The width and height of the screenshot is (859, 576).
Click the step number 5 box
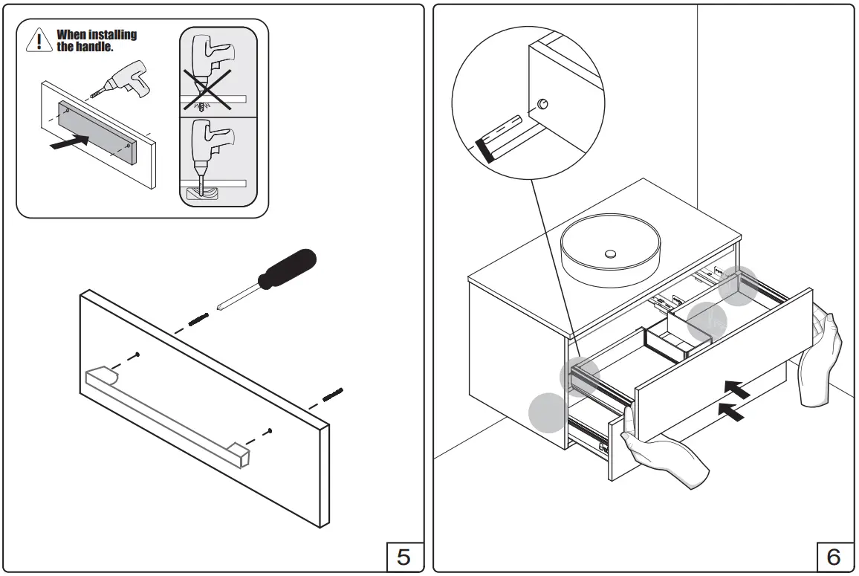point(403,557)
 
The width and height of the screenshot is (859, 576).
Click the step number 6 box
point(833,557)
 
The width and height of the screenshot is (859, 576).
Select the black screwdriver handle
point(286,268)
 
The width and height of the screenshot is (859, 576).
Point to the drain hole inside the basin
point(610,254)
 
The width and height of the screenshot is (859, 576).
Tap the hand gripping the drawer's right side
point(823,357)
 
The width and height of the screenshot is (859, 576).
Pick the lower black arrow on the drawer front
point(731,411)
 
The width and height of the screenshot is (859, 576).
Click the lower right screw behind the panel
point(332,392)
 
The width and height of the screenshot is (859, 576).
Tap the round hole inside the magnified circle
point(542,103)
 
